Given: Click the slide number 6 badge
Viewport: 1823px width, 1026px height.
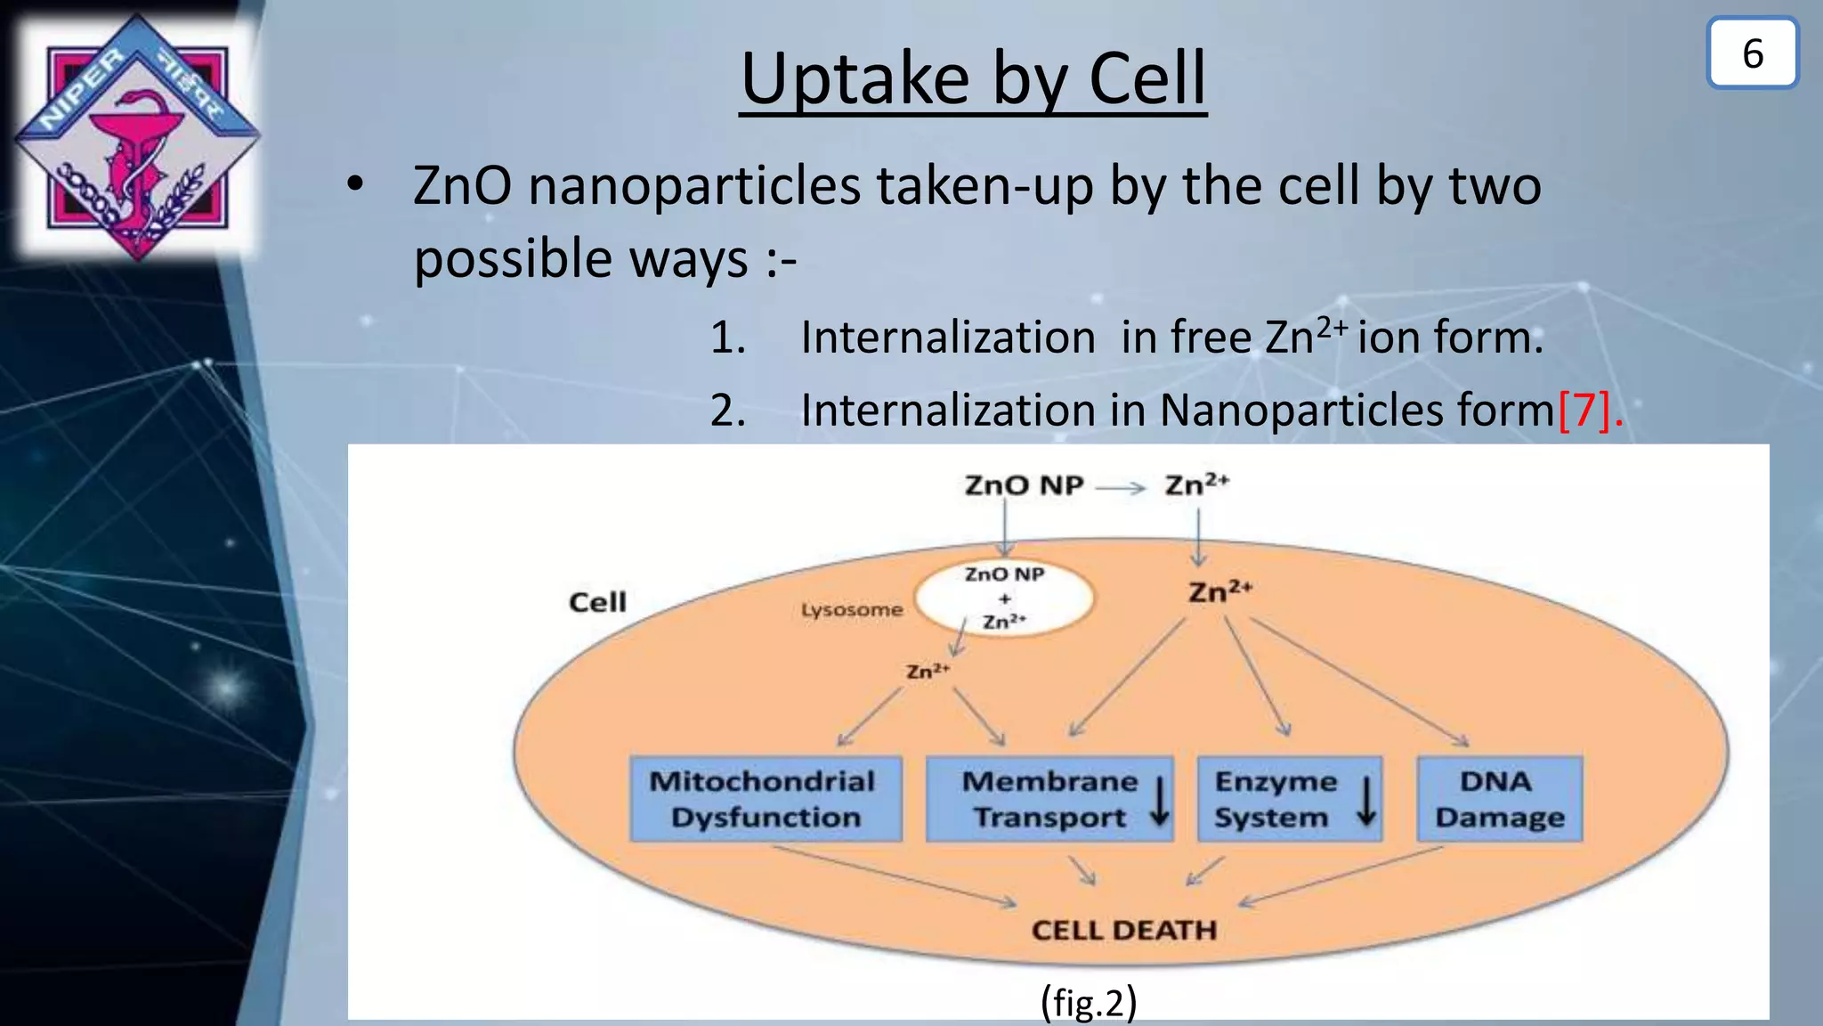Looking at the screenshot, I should tap(1752, 53).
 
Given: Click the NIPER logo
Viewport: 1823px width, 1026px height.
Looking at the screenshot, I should tap(137, 138).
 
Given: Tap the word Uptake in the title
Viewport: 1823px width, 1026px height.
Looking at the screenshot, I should tap(855, 80).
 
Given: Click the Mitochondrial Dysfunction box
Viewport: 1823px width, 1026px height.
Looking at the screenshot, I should tap(766, 799).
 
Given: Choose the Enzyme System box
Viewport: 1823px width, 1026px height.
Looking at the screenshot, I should tap(1289, 799).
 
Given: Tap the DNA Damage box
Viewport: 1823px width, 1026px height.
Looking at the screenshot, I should tap(1499, 799).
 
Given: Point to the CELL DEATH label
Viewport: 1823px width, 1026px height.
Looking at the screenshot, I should tap(1123, 930).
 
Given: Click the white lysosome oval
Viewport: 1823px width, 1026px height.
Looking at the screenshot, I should tap(1004, 598).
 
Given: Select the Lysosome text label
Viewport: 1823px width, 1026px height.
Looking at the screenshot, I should tap(851, 610).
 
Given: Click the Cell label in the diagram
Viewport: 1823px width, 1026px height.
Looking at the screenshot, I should tap(597, 602).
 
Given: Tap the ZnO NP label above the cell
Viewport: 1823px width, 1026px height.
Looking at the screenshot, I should tap(1024, 485).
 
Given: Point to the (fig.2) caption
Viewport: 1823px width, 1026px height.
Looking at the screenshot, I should tap(1088, 1002).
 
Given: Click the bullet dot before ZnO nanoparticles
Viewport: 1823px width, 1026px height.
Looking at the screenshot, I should tap(355, 185).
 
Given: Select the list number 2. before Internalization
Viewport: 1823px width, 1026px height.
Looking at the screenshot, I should tap(727, 411).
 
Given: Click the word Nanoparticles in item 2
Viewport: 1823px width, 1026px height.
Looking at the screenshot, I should tap(1357, 411).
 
